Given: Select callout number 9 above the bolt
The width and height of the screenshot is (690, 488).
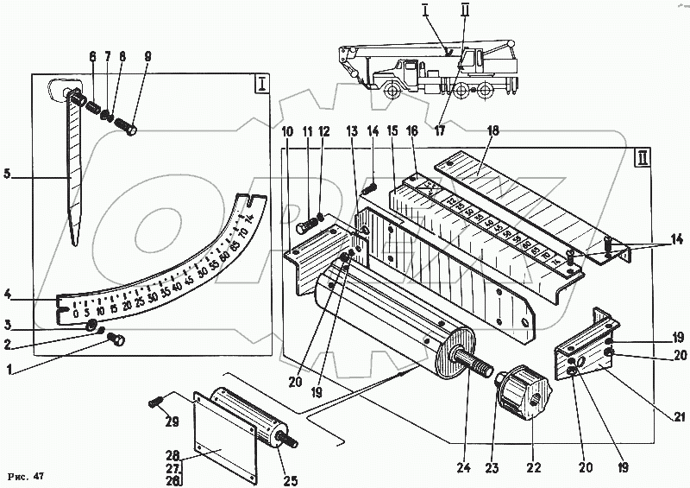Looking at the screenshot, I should [147, 57].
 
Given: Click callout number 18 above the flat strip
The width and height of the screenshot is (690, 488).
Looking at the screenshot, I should [493, 131].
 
